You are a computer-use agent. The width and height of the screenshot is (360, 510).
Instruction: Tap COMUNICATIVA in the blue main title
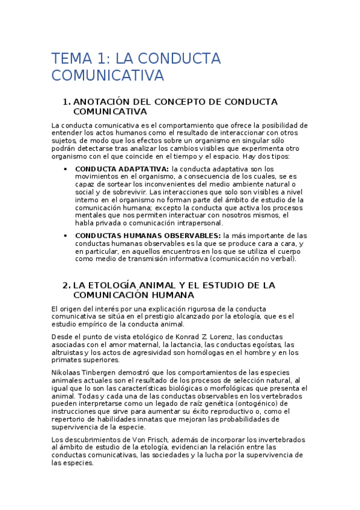[108, 75]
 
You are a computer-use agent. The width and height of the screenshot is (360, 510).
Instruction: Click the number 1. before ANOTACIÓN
[67, 102]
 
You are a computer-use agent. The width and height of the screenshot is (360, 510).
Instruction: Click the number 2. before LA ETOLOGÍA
[67, 284]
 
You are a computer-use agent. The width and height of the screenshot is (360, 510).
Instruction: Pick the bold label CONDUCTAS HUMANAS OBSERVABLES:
[147, 236]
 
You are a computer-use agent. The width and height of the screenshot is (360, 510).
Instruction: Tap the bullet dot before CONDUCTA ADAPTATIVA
[66, 169]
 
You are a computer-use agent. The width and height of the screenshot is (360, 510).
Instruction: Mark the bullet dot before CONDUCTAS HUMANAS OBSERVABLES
[66, 236]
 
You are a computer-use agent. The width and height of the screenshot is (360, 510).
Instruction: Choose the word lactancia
[178, 345]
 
